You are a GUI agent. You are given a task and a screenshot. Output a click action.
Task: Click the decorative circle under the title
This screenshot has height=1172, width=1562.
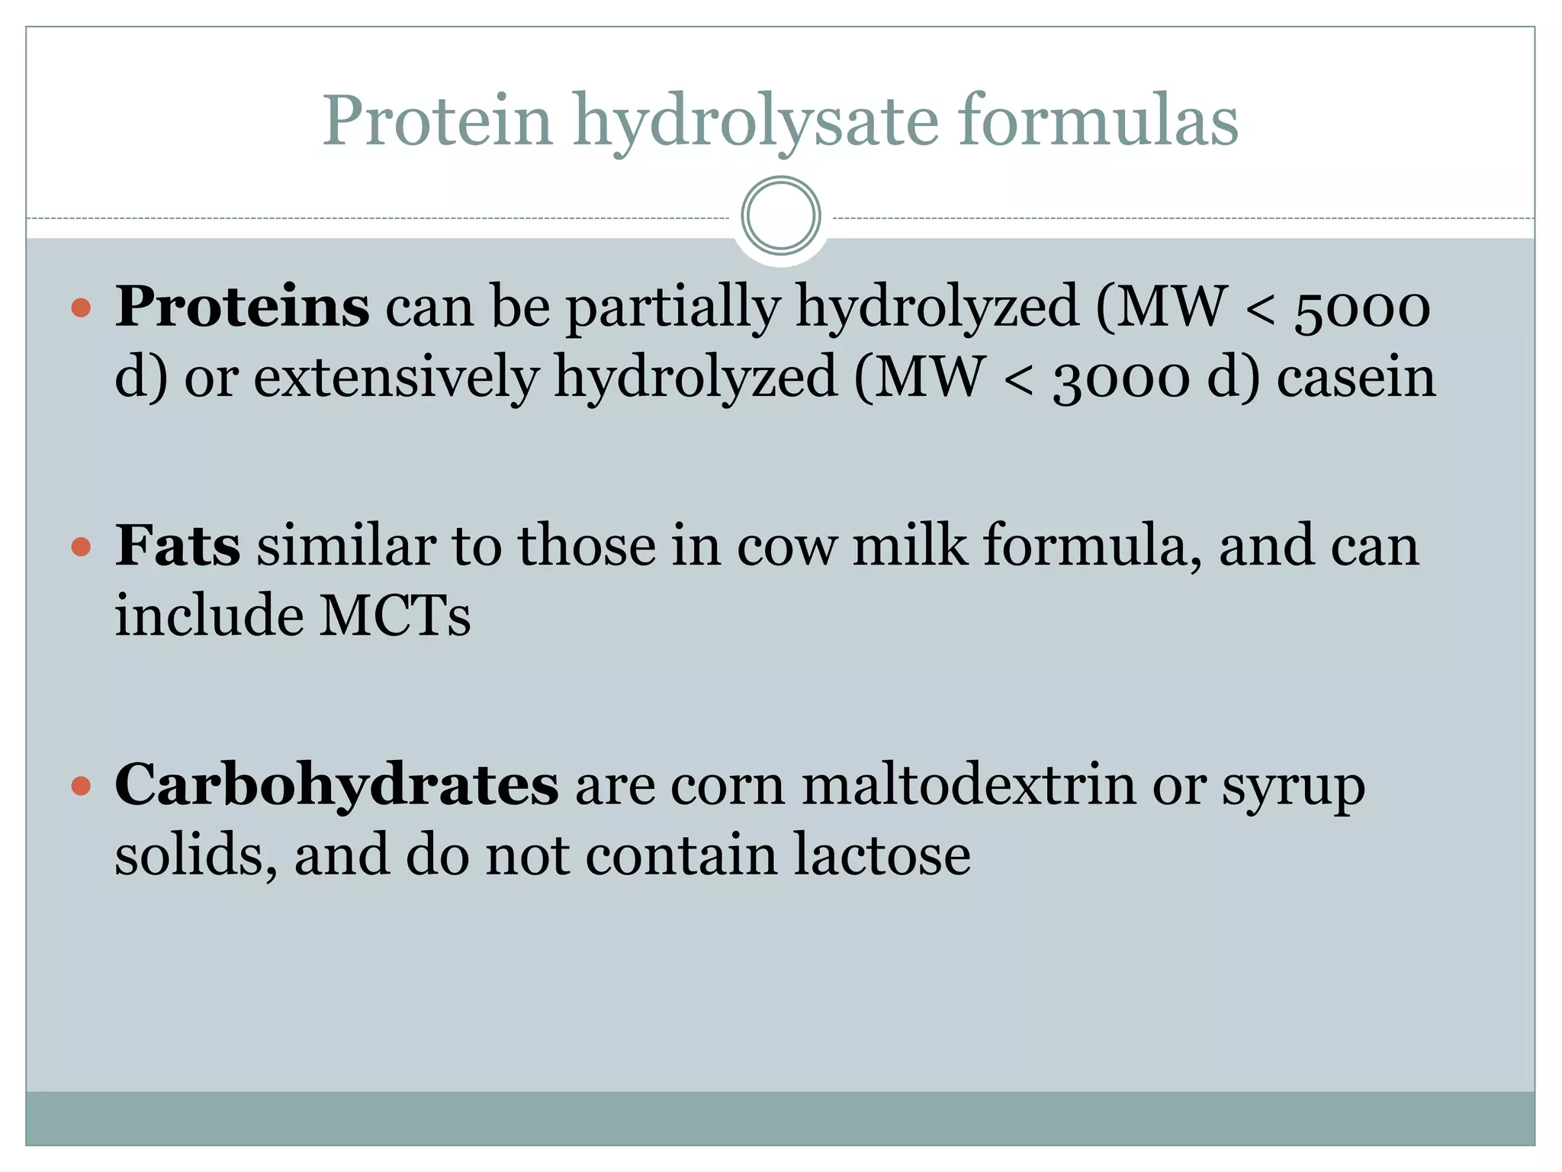tap(780, 215)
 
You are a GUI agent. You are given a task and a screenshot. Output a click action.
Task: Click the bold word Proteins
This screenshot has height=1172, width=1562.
tap(243, 307)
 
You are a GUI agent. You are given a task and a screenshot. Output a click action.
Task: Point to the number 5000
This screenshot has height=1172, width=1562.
tap(1362, 308)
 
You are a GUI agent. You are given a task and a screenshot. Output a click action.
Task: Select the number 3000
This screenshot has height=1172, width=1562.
tap(1120, 378)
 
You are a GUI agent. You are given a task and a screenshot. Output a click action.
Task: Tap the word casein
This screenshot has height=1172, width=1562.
tap(1356, 377)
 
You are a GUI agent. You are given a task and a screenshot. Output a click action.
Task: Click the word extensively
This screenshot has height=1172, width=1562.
tap(396, 377)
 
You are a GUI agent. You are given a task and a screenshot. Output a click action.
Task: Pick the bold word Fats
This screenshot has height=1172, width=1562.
tap(178, 546)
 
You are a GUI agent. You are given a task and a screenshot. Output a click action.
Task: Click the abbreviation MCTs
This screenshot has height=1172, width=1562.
tap(394, 616)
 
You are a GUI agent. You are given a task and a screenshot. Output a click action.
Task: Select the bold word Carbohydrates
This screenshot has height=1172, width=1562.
tap(336, 785)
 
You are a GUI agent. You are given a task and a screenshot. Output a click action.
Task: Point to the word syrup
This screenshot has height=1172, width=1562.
tap(1293, 787)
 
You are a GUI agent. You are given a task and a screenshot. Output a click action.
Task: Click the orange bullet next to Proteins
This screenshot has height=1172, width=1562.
tap(81, 308)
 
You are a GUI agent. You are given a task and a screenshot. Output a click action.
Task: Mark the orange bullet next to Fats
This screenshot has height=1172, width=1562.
tap(81, 547)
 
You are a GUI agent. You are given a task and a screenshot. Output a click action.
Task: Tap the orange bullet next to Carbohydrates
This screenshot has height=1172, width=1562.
tap(81, 786)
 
